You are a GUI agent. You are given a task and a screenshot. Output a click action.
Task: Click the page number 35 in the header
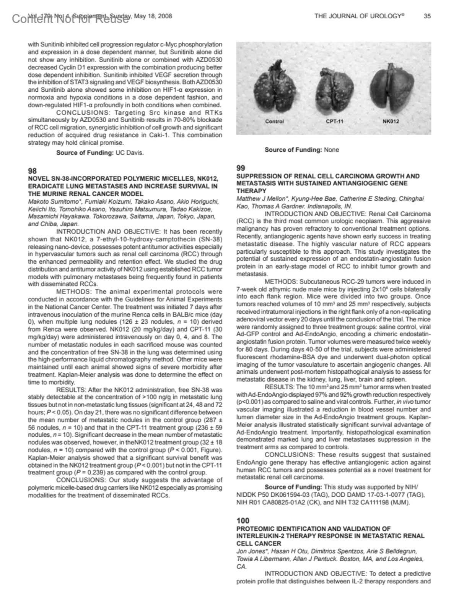click(427, 16)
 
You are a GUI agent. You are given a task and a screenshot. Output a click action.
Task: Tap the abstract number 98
click(33, 170)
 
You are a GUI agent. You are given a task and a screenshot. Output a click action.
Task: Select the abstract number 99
click(241, 168)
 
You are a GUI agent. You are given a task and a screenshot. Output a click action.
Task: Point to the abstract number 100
click(243, 520)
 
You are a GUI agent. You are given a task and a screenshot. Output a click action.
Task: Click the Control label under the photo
click(274, 122)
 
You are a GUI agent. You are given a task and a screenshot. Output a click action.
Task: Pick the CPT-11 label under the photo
click(335, 122)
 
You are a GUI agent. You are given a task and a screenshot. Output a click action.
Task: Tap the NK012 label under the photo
click(391, 122)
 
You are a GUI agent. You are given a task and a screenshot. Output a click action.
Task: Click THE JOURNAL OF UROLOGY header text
click(360, 16)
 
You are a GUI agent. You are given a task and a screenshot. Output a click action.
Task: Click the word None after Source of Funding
click(331, 150)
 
